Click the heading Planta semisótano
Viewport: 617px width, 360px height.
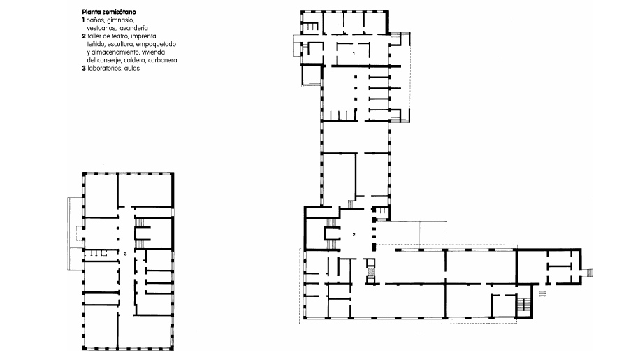[x=109, y=12]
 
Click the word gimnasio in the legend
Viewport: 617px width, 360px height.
[x=120, y=20]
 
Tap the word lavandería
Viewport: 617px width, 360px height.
[x=133, y=28]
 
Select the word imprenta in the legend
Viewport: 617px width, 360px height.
[x=143, y=36]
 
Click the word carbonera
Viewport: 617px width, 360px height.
[x=163, y=60]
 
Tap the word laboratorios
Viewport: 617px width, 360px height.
[x=105, y=68]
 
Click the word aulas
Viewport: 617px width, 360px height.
[x=132, y=68]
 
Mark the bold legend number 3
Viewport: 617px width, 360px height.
[x=84, y=68]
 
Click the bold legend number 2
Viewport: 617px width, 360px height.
[x=84, y=36]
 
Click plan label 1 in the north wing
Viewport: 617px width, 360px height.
[x=354, y=54]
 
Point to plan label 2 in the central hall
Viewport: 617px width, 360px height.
[x=354, y=234]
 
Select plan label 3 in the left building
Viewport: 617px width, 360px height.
[x=125, y=254]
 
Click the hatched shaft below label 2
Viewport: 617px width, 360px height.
[x=370, y=271]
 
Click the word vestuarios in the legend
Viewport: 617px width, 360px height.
[x=101, y=28]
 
